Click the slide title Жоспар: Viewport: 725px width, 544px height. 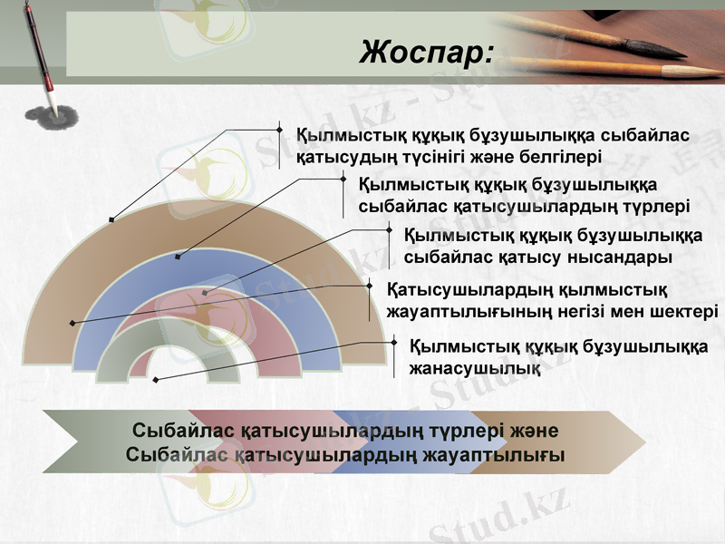(x=427, y=52)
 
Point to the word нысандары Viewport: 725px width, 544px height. (x=620, y=257)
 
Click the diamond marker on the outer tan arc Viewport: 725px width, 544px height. (x=111, y=219)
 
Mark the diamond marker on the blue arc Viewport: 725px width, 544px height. (x=178, y=257)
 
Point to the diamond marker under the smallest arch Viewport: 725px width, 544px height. (x=156, y=379)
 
